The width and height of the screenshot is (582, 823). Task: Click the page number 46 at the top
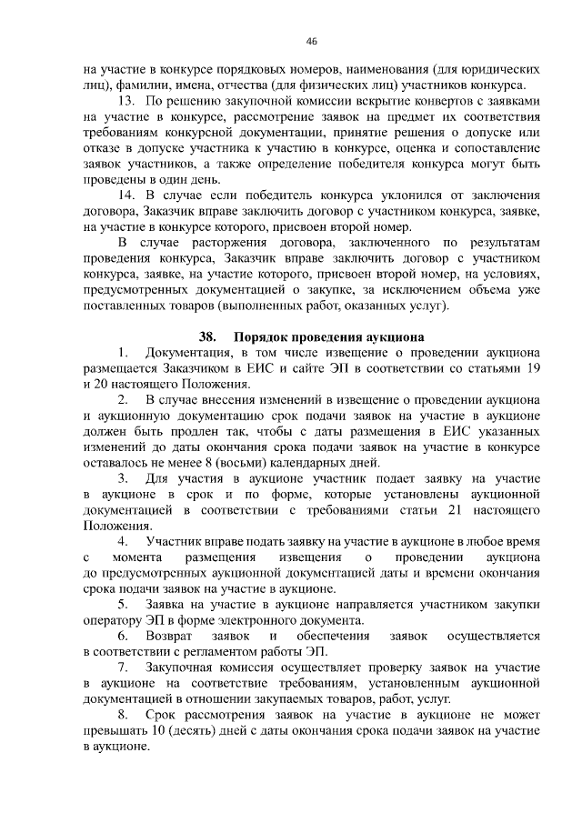312,42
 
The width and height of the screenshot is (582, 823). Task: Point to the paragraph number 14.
130,196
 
